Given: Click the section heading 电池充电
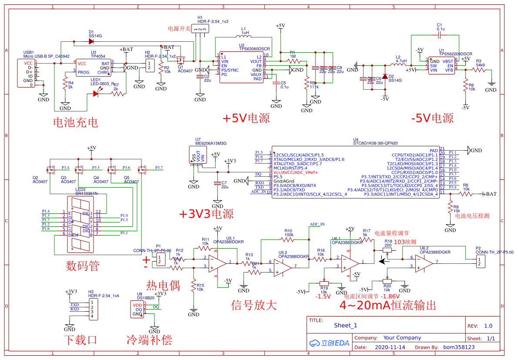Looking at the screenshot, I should point(75,122).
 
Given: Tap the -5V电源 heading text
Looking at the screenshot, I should point(431,118).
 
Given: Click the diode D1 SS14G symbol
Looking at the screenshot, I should point(91,42).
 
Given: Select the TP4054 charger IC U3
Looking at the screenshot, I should point(93,68).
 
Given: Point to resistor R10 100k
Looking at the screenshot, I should point(288,239).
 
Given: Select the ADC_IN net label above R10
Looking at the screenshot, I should point(317,224).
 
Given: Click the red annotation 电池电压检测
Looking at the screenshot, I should point(472,215).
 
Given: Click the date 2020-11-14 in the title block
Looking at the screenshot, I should point(390,347).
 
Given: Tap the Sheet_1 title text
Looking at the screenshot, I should point(345,325).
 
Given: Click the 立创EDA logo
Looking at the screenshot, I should point(329,343).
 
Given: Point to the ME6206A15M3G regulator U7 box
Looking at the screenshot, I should point(198,155).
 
